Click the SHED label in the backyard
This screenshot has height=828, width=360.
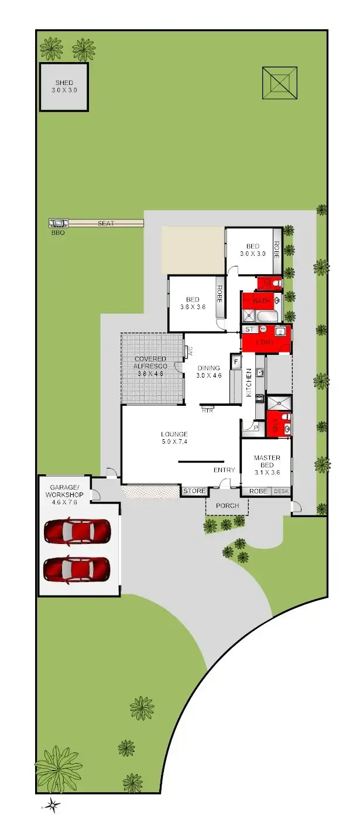pyautogui.click(x=64, y=83)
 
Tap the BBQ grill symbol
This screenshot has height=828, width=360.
pyautogui.click(x=58, y=223)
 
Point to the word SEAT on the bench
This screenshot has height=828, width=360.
pyautogui.click(x=105, y=223)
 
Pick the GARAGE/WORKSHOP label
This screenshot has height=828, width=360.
pyautogui.click(x=67, y=491)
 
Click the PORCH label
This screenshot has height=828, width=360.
pyautogui.click(x=227, y=505)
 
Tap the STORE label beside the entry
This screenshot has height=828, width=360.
pyautogui.click(x=194, y=491)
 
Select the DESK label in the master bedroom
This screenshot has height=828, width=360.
pyautogui.click(x=282, y=491)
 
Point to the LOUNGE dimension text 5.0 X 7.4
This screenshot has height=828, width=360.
pyautogui.click(x=174, y=442)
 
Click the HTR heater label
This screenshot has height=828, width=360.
pyautogui.click(x=207, y=410)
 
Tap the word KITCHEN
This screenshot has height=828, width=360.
pyautogui.click(x=249, y=384)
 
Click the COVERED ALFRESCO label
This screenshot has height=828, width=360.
pyautogui.click(x=150, y=362)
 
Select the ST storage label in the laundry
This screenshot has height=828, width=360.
pyautogui.click(x=249, y=330)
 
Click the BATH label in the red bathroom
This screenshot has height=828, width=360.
pyautogui.click(x=261, y=301)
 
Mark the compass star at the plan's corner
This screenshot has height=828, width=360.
pyautogui.click(x=53, y=806)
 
